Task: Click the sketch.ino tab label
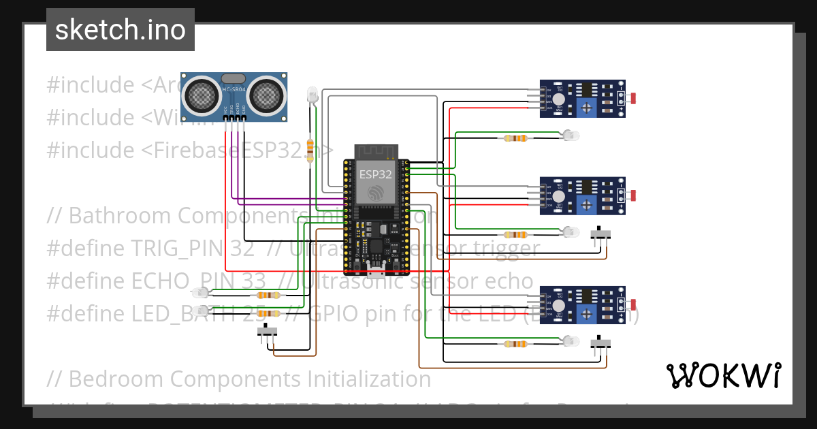(x=120, y=30)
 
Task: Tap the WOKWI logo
(x=722, y=375)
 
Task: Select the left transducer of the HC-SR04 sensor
(x=202, y=96)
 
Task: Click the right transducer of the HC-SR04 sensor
(x=266, y=96)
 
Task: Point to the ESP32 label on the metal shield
(x=376, y=174)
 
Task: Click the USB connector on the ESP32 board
(x=376, y=267)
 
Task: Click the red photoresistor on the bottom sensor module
(x=633, y=304)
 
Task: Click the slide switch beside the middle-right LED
(x=600, y=234)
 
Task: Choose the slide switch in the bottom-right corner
(x=600, y=344)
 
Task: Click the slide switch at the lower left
(x=268, y=332)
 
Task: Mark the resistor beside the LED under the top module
(x=515, y=138)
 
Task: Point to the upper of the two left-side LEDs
(x=202, y=293)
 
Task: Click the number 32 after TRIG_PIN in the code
(x=242, y=249)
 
